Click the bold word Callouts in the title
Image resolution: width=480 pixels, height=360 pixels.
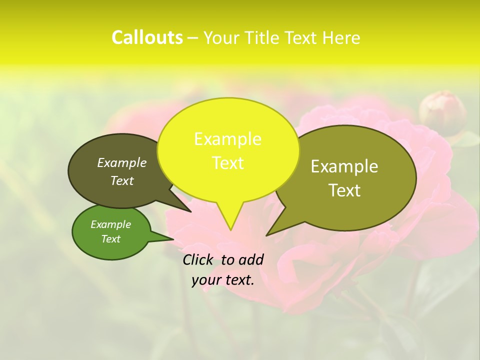(x=147, y=37)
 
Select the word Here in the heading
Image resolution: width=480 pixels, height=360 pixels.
(x=341, y=38)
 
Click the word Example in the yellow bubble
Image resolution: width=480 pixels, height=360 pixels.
(x=227, y=139)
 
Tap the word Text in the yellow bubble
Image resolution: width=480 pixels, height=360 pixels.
(x=228, y=163)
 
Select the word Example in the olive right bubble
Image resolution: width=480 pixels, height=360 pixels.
(x=344, y=166)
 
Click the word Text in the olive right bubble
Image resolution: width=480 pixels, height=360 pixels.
(x=344, y=190)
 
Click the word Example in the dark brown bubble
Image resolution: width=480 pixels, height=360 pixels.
(x=122, y=162)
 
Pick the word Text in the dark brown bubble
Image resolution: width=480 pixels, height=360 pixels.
(x=122, y=180)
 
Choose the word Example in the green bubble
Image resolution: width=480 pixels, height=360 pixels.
(x=111, y=224)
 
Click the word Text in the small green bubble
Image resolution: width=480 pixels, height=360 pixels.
(x=111, y=239)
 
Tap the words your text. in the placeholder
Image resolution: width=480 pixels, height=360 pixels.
(x=223, y=280)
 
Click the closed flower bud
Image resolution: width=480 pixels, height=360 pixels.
(x=442, y=112)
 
